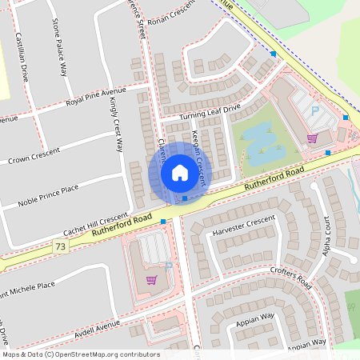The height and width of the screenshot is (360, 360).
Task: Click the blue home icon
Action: pyautogui.click(x=179, y=173)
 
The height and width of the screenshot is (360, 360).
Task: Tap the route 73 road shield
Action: pyautogui.click(x=60, y=248)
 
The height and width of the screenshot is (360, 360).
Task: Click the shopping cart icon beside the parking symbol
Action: pyautogui.click(x=311, y=138)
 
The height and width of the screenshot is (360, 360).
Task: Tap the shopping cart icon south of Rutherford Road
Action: pyautogui.click(x=151, y=279)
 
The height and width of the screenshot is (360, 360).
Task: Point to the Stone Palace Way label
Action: pyautogui.click(x=58, y=46)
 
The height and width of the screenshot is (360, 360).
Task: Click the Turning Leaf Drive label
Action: pyautogui.click(x=210, y=113)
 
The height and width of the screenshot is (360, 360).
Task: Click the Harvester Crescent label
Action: pyautogui.click(x=244, y=227)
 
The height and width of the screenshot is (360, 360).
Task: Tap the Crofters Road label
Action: pyautogui.click(x=290, y=277)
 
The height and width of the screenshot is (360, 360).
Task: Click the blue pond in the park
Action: pyautogui.click(x=262, y=141)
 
